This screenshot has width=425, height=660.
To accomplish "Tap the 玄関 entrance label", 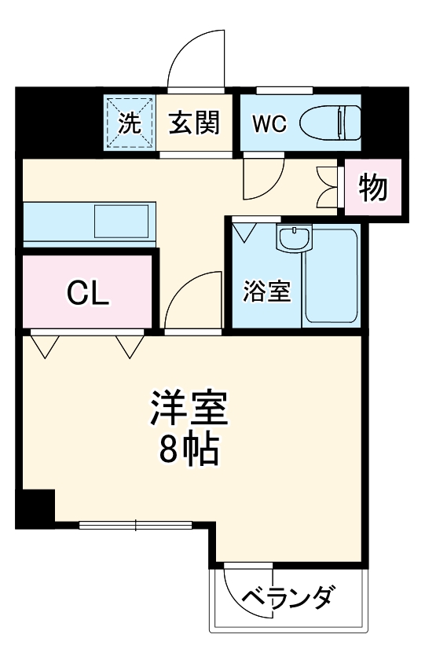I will [x=193, y=123].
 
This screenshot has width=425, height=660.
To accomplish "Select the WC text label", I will [x=269, y=123].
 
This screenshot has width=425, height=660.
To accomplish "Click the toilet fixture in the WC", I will [x=333, y=122].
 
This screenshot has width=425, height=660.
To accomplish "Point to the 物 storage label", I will [x=372, y=188].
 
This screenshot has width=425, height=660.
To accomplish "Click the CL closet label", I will [x=86, y=292].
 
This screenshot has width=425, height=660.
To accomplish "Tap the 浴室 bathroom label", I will [x=266, y=291].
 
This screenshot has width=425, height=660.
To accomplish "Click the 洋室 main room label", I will [x=189, y=407].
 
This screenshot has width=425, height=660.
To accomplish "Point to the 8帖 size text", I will [x=189, y=449].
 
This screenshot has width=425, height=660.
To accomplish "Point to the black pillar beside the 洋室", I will [x=35, y=507].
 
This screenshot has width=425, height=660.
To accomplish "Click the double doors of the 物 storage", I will [x=328, y=188].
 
